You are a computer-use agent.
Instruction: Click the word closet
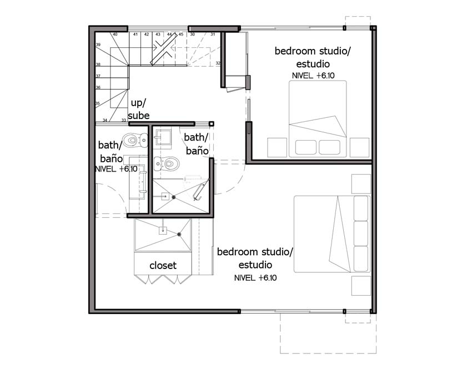click(163, 265)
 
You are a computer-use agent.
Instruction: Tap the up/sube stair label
click(138, 109)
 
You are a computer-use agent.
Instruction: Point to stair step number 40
click(115, 34)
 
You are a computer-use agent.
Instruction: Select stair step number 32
click(218, 63)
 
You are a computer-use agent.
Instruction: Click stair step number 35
click(98, 103)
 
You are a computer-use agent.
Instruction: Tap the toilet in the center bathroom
click(167, 163)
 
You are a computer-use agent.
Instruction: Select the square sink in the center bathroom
click(163, 137)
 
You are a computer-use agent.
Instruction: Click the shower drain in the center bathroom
click(174, 197)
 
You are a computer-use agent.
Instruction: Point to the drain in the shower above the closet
click(179, 234)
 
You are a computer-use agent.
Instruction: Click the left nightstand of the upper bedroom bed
click(277, 147)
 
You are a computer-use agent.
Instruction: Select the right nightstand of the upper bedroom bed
click(360, 147)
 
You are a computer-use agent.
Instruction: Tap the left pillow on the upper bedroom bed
click(306, 147)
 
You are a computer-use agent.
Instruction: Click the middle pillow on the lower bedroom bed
click(361, 233)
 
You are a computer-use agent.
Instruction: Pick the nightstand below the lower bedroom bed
click(361, 286)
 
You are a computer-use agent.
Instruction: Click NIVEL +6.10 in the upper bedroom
click(313, 76)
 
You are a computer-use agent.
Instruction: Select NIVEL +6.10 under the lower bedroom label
click(255, 277)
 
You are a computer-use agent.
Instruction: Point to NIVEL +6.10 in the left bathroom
click(116, 169)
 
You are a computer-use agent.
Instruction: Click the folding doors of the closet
click(163, 279)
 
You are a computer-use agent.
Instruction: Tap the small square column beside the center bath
click(212, 123)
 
